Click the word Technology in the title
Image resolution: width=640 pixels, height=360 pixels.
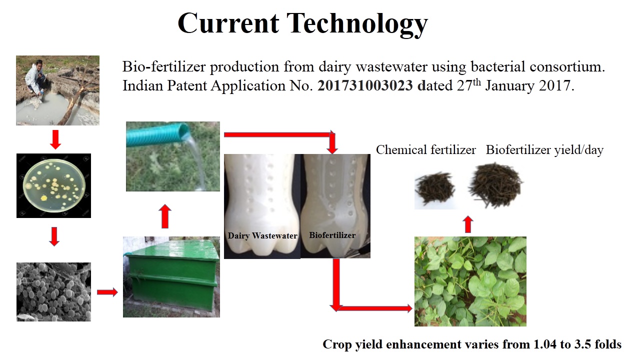(x=357, y=24)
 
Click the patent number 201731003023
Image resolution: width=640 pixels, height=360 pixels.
(x=365, y=85)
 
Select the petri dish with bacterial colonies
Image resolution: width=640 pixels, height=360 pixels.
(x=54, y=185)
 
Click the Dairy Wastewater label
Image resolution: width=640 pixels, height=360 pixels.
(x=262, y=235)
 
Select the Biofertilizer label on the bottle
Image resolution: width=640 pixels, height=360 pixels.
(x=332, y=235)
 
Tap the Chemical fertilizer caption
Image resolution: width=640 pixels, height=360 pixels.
(x=425, y=149)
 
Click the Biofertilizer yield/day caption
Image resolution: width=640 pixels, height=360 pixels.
(x=544, y=150)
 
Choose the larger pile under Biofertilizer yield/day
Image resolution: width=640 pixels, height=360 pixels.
(x=495, y=185)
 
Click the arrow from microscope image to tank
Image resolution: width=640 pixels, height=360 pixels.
(x=107, y=292)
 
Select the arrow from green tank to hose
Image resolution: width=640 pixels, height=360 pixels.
(x=165, y=216)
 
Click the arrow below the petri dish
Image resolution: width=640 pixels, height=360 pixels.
(x=54, y=236)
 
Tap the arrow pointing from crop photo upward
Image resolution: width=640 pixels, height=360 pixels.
(x=467, y=224)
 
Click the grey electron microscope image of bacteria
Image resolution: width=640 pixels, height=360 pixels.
(x=53, y=291)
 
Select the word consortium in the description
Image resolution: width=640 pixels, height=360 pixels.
(x=566, y=66)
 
